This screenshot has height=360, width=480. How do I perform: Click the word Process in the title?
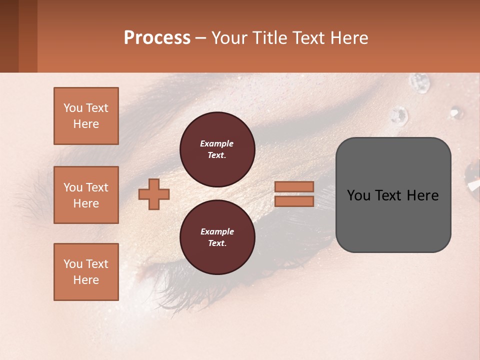click(157, 37)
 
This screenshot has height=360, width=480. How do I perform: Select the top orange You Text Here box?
click(86, 116)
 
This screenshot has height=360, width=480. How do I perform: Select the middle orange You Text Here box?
click(86, 195)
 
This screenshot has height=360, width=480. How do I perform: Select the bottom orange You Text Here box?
click(86, 272)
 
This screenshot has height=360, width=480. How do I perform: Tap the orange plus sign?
click(154, 194)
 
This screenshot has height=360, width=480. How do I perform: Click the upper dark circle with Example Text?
click(217, 149)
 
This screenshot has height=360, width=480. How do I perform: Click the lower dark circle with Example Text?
click(217, 237)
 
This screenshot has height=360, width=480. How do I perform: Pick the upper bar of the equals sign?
click(294, 186)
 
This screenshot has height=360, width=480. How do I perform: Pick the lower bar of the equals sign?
click(294, 201)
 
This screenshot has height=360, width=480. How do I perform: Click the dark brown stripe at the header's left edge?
click(9, 36)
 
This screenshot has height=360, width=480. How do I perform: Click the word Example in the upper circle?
click(216, 143)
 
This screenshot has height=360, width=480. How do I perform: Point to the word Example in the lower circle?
click(217, 231)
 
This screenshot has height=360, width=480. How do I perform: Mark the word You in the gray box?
click(359, 195)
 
